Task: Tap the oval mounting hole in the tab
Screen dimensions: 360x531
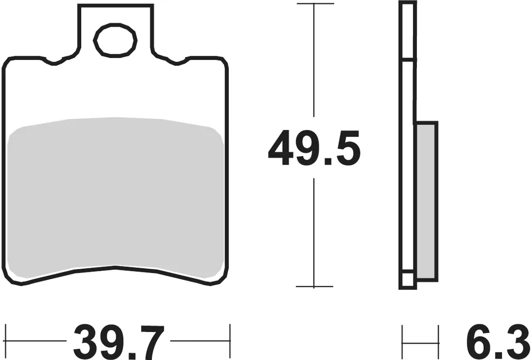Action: point(115,40)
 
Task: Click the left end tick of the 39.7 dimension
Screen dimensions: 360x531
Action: point(5,340)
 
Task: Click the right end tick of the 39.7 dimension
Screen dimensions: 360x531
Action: point(230,340)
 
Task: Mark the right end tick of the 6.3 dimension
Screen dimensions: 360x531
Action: point(439,340)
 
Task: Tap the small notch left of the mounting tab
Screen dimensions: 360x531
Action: point(54,62)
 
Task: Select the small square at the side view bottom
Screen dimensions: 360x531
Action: point(407,280)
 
